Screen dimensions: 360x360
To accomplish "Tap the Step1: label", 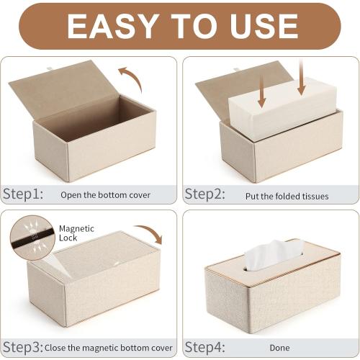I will tap(23, 194).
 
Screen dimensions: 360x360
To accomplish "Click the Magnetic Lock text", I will tap(76, 233).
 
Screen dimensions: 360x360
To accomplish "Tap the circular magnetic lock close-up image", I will tap(32, 235).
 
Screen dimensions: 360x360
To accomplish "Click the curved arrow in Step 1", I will tap(130, 76).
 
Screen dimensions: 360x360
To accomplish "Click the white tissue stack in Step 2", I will tap(282, 108).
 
